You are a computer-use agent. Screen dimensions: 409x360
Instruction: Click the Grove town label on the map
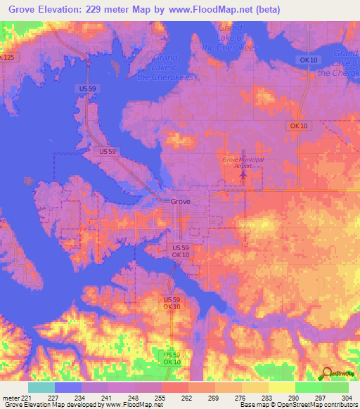point(181,201)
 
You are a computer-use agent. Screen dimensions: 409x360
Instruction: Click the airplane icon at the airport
point(243,174)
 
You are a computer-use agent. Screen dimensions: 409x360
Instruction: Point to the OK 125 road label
point(8,56)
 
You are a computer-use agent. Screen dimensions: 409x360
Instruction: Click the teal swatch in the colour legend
point(41,387)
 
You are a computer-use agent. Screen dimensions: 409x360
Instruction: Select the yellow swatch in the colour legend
point(281,387)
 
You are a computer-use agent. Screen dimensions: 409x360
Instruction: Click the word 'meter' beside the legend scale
point(11,398)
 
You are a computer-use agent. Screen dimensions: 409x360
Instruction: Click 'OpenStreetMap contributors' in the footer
point(318,405)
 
